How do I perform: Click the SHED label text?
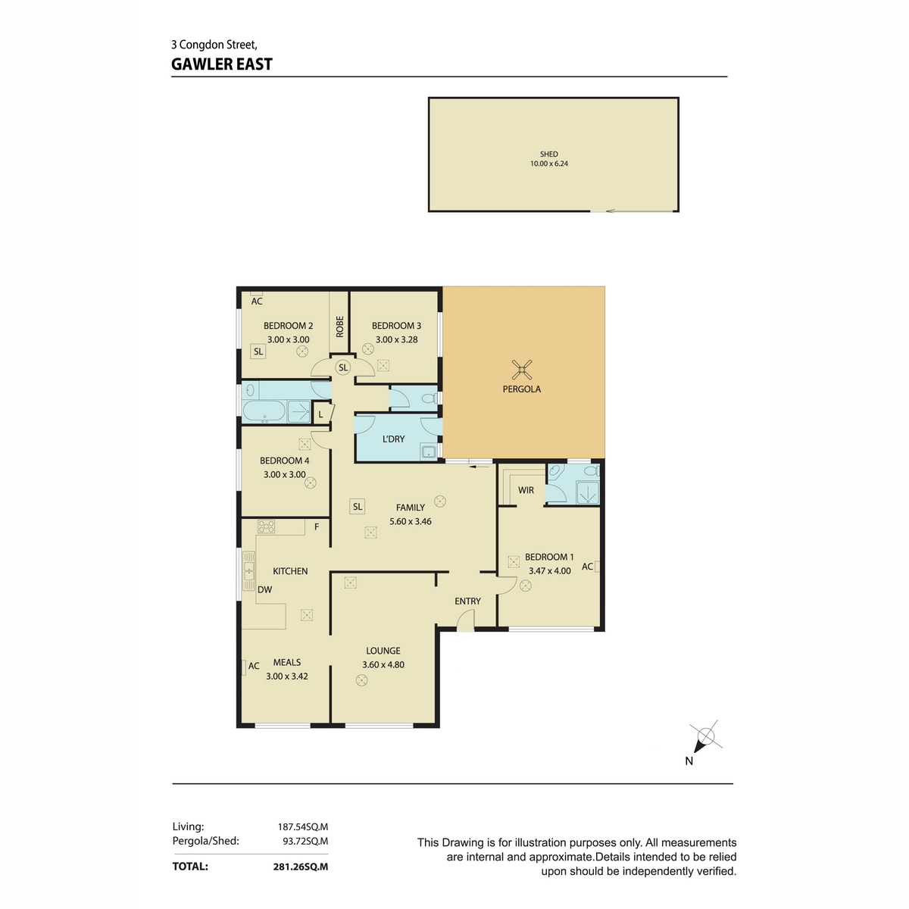click(x=548, y=155)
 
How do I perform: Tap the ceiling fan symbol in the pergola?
click(x=521, y=370)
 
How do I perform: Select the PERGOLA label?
click(x=521, y=389)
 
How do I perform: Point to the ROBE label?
click(x=339, y=326)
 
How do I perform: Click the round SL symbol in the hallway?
click(x=343, y=367)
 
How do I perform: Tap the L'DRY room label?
click(x=393, y=439)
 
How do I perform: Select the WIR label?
click(x=526, y=490)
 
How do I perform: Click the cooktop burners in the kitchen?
click(x=266, y=526)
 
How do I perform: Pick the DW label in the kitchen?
click(x=264, y=589)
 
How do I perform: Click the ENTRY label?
click(x=467, y=601)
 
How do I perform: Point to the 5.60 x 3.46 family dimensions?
click(x=410, y=521)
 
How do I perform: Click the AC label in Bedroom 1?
click(x=587, y=567)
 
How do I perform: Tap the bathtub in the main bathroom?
click(x=264, y=411)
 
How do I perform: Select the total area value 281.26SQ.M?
click(x=301, y=867)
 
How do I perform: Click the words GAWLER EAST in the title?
click(x=222, y=64)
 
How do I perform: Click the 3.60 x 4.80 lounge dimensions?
click(x=383, y=664)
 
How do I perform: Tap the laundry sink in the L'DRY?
click(x=428, y=452)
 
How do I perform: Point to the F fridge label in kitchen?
click(x=317, y=527)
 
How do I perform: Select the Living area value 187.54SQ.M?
click(x=302, y=827)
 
